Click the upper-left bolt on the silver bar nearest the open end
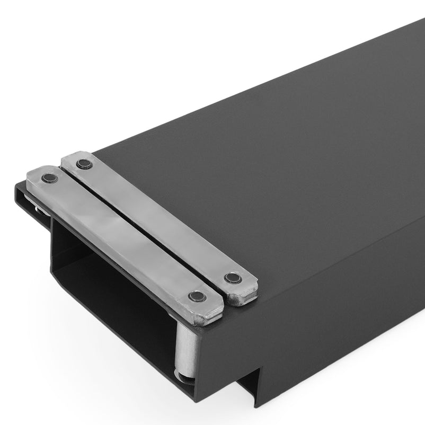tap(49, 178)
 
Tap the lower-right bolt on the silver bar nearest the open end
tap(198, 296)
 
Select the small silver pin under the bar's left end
tap(39, 212)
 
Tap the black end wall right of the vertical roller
tap(217, 360)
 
